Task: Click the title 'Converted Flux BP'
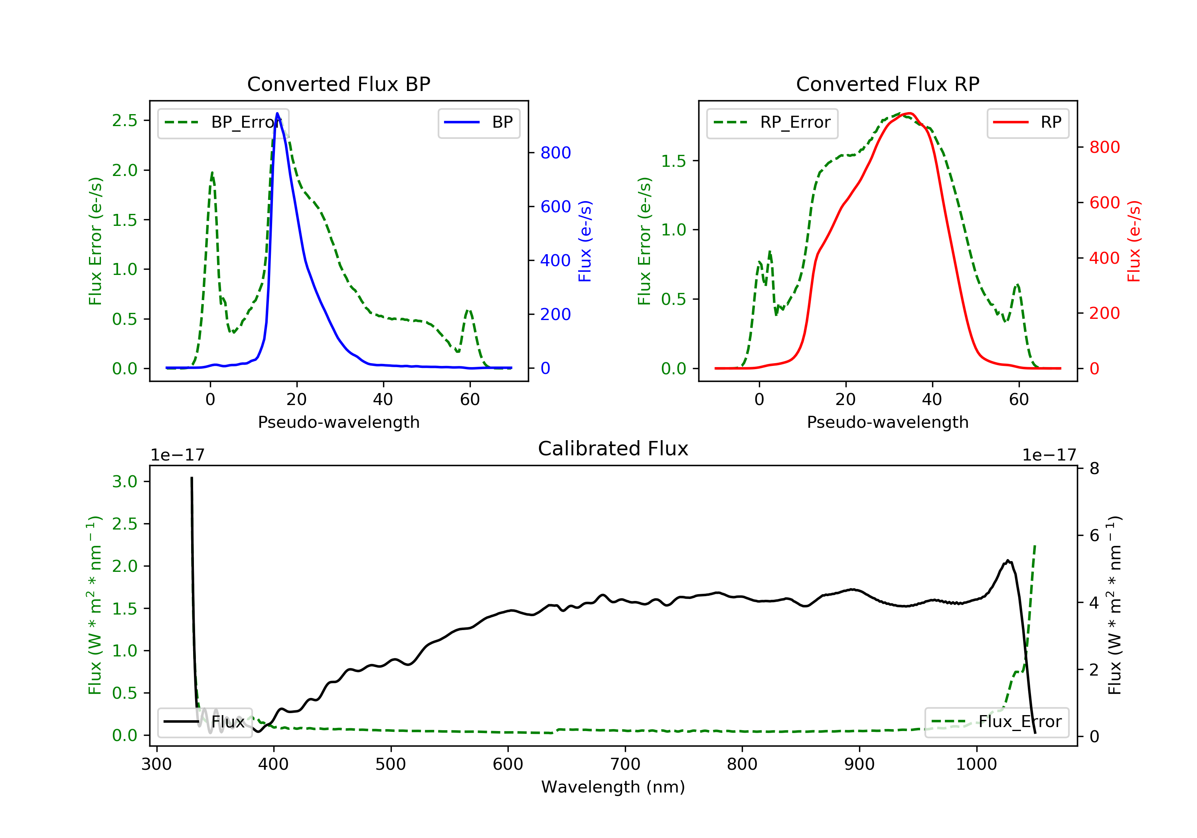[x=338, y=84]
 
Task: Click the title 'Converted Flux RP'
[x=887, y=84]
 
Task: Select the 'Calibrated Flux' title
[x=613, y=449]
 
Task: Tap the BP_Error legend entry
[x=223, y=123]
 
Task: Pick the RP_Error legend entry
[x=772, y=123]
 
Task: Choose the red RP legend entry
[x=1027, y=123]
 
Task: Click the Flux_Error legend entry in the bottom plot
[x=996, y=722]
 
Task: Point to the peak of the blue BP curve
[x=277, y=113]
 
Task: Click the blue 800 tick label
[x=556, y=153]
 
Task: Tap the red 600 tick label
[x=1105, y=202]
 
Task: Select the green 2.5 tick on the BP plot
[x=124, y=121]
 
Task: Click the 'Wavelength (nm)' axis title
[x=613, y=787]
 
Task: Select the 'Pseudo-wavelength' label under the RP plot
[x=887, y=422]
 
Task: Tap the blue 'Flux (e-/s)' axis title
[x=585, y=241]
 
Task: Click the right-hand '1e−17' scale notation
[x=1049, y=455]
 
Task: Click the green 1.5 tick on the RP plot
[x=674, y=161]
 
